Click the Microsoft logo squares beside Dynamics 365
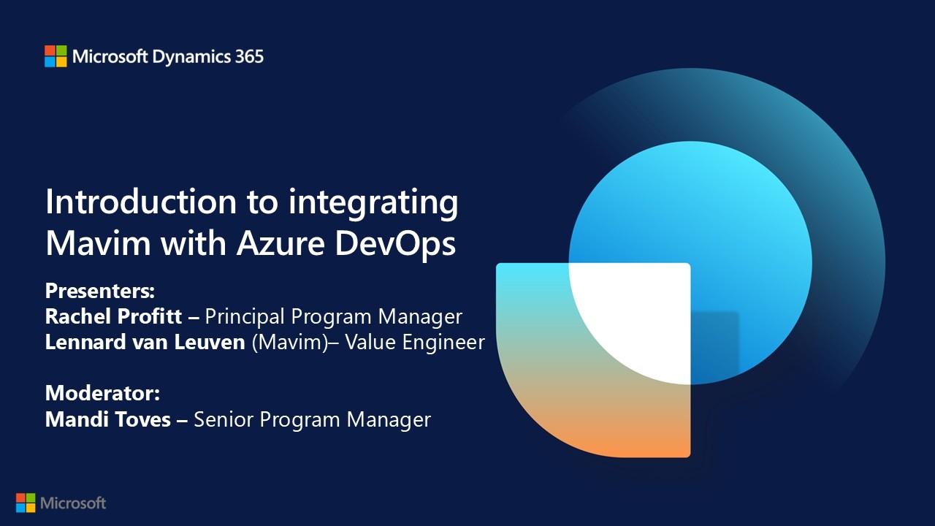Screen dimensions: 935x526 (56, 56)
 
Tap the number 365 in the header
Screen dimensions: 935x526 (249, 56)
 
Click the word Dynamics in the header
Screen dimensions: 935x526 (191, 58)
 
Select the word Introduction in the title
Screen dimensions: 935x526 (141, 202)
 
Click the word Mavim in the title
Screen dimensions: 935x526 (98, 243)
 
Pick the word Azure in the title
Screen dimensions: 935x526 (280, 243)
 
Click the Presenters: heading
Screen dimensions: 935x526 (100, 291)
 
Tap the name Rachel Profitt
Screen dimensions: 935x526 (113, 316)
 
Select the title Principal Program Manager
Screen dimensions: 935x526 (334, 317)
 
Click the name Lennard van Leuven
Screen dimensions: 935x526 (145, 342)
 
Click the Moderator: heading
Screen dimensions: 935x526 (103, 393)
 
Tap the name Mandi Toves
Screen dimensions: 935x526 (107, 419)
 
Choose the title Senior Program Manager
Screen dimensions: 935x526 (312, 420)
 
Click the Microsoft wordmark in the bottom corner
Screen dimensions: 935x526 (73, 503)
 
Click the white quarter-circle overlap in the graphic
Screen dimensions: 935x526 (643, 317)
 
